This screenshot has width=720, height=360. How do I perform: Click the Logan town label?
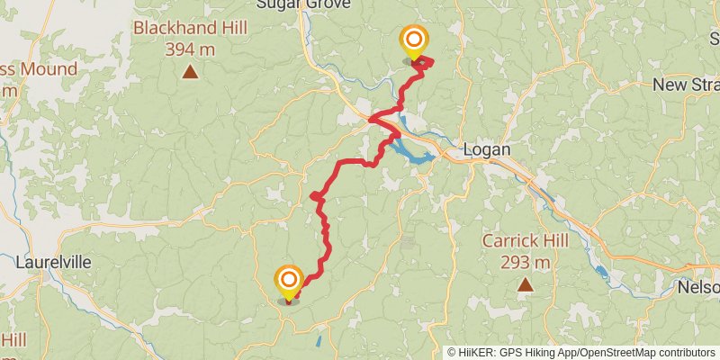[486, 149]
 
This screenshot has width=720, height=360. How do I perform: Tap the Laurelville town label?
[54, 263]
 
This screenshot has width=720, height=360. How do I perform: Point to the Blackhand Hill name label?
[191, 27]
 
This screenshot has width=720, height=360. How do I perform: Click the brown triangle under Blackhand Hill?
[191, 72]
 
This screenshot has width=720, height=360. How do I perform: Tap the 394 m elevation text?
[191, 49]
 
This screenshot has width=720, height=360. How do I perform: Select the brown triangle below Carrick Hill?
[526, 286]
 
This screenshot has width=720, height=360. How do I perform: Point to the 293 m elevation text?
[526, 263]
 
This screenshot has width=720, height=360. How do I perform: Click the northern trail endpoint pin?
[414, 40]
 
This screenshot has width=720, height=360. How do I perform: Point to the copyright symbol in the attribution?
[452, 353]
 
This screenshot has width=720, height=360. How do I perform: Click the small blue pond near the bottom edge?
[318, 342]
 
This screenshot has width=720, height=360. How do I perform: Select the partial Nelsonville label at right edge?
[702, 287]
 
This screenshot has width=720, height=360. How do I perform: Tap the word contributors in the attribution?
[686, 353]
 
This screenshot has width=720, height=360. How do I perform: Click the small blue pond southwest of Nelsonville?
[601, 270]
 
